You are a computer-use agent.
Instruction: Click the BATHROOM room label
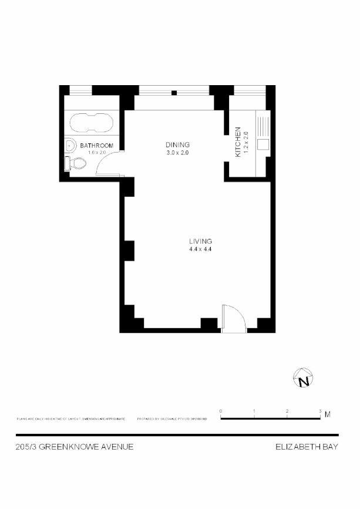pos(96,146)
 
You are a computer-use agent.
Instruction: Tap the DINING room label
pos(177,145)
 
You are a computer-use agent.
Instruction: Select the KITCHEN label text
pos(238,141)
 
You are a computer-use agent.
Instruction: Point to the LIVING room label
pos(200,241)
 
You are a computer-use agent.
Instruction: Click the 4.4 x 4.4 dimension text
pos(200,249)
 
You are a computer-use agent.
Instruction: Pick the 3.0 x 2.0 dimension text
pos(177,153)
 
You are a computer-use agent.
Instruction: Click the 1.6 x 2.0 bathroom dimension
pos(96,153)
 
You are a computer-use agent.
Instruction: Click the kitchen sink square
pos(263,143)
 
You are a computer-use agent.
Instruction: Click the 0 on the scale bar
pos(220,411)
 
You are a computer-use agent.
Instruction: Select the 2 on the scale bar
pos(287,411)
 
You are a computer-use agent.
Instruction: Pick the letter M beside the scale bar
pos(327,414)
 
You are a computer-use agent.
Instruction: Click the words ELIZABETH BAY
pos(307,447)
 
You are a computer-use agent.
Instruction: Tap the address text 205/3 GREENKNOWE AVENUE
pos(75,447)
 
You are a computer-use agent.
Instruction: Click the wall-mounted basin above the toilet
pos(70,145)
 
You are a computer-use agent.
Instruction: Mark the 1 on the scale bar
pos(254,411)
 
